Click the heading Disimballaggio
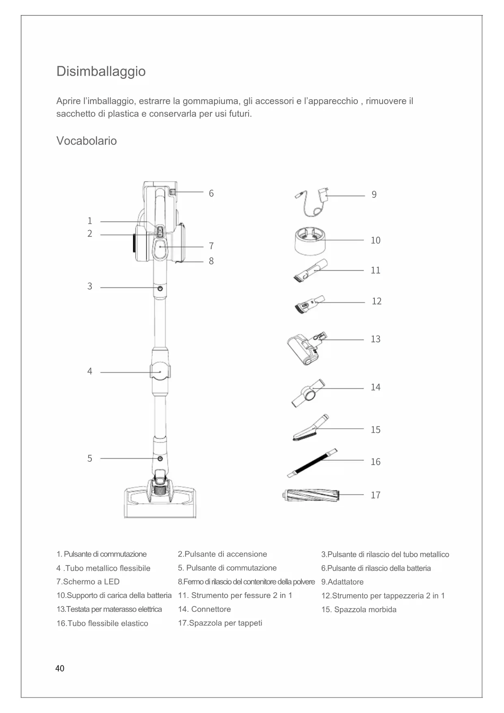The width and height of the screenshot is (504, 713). click(101, 71)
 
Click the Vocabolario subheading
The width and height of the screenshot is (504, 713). click(87, 141)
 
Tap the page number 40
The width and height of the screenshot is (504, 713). click(60, 669)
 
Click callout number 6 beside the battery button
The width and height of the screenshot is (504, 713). click(211, 193)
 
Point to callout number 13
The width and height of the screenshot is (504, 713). click(375, 339)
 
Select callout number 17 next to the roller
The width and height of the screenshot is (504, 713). click(375, 495)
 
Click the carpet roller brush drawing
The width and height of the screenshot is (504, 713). click(311, 496)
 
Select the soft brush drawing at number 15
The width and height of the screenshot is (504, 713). click(310, 429)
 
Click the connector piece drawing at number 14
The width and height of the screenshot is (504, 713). click(308, 392)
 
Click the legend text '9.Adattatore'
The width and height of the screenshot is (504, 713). click(342, 582)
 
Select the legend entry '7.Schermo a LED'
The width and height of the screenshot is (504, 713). click(88, 582)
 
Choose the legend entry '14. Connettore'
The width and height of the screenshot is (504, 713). click(204, 609)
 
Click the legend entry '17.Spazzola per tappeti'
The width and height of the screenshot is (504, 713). click(220, 623)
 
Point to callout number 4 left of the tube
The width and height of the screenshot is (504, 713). click(90, 371)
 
